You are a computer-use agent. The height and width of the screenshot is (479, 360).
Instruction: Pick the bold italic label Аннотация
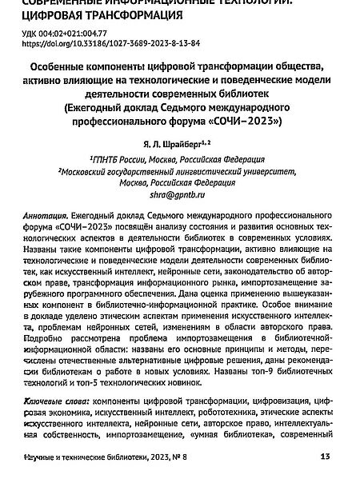46,217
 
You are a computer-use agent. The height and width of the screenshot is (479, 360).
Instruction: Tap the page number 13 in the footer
324,457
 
